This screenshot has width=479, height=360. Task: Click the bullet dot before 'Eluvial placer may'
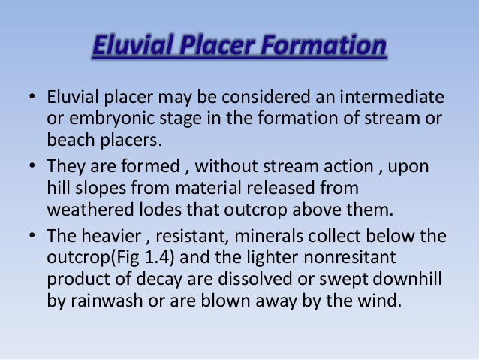[x=32, y=98]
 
